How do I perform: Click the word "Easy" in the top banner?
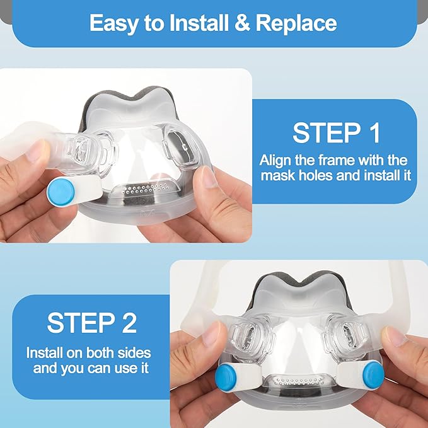(113, 24)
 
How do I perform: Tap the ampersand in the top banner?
(242, 23)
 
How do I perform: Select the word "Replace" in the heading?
(296, 24)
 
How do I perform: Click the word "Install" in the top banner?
(199, 23)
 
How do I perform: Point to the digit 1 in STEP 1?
(375, 133)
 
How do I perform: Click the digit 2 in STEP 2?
(129, 323)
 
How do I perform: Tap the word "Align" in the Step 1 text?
(275, 161)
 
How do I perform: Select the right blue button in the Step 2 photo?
(373, 374)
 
